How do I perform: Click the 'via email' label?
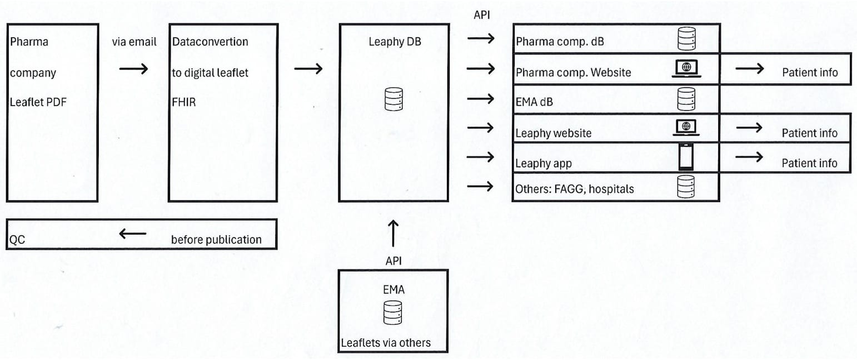134,42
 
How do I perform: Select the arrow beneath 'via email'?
133,69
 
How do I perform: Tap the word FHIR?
184,102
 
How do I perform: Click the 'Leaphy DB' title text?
395,42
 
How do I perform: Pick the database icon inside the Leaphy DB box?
393,99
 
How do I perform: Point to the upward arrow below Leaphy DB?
393,233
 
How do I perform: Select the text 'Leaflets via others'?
386,343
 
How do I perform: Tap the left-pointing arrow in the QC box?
133,234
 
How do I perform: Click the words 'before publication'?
216,240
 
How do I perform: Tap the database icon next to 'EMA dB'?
686,99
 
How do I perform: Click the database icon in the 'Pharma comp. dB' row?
686,39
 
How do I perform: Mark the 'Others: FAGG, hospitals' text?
575,189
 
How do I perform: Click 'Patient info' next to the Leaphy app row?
809,163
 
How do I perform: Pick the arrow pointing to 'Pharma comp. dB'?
481,38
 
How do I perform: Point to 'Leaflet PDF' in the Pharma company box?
38,102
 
